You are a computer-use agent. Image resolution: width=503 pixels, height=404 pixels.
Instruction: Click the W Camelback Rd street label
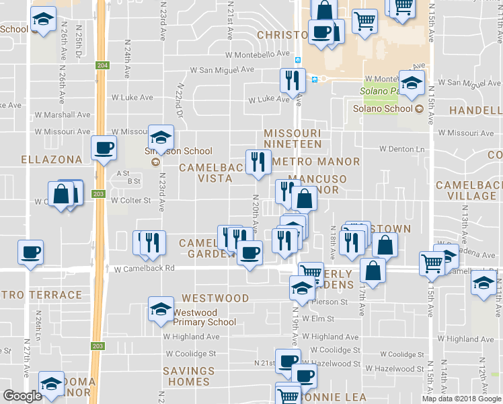(x=144, y=268)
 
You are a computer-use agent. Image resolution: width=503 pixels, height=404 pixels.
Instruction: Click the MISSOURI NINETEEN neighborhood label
(x=293, y=139)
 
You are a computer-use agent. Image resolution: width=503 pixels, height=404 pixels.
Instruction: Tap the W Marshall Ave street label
(x=66, y=114)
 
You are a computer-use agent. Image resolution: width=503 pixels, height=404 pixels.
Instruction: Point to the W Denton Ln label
(x=403, y=149)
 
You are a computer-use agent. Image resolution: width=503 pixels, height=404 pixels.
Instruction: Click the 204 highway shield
(x=102, y=65)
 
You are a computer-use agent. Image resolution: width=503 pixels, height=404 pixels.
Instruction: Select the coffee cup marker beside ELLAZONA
(x=104, y=147)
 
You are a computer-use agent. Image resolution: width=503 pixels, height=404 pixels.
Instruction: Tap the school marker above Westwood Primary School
(x=160, y=308)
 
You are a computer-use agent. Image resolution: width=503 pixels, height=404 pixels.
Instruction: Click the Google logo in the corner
(x=22, y=396)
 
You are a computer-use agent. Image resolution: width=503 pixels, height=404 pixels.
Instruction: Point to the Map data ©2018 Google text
(x=461, y=399)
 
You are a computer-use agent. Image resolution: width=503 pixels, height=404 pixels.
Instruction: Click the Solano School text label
(x=383, y=108)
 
